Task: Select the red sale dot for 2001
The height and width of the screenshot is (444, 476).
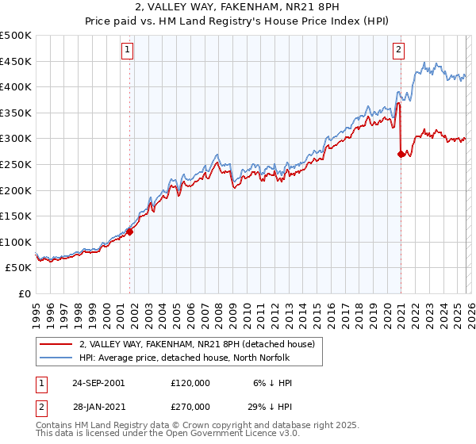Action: click(x=130, y=232)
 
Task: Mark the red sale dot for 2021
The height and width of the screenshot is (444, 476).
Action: click(x=401, y=155)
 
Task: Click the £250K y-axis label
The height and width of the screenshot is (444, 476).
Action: click(x=16, y=165)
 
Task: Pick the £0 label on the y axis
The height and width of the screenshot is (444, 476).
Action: click(x=26, y=293)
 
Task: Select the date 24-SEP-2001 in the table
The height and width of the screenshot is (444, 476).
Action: click(x=98, y=382)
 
